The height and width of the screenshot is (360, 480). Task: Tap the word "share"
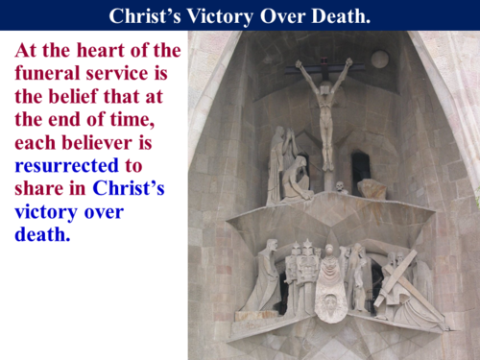[x=38, y=188]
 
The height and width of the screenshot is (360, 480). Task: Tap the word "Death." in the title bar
[x=337, y=15]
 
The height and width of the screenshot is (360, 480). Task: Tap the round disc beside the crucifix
[x=380, y=60]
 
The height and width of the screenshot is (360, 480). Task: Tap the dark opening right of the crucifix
[x=360, y=167]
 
